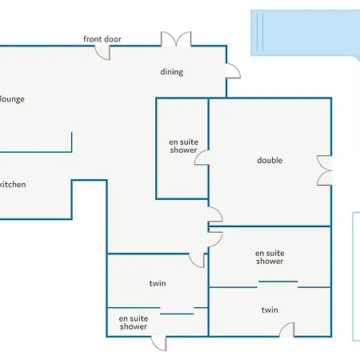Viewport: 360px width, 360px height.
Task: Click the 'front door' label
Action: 102,39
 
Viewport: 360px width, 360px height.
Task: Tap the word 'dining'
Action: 172,72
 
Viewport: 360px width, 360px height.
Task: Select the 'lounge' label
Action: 12,99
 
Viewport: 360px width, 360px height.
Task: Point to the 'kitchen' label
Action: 13,185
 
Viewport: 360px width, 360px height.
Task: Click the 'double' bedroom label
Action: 270,160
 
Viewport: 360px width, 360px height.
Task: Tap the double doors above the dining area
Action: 176,38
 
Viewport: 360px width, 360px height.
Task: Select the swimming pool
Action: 306,33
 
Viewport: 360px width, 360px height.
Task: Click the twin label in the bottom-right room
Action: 270,310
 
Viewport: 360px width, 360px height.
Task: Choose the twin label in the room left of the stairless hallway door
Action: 158,283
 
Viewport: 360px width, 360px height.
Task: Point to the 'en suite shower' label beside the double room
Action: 183,146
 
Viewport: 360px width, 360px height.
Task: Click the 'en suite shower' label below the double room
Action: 270,257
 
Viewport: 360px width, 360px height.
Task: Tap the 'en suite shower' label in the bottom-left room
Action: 134,322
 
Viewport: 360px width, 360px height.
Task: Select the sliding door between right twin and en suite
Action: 278,282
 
